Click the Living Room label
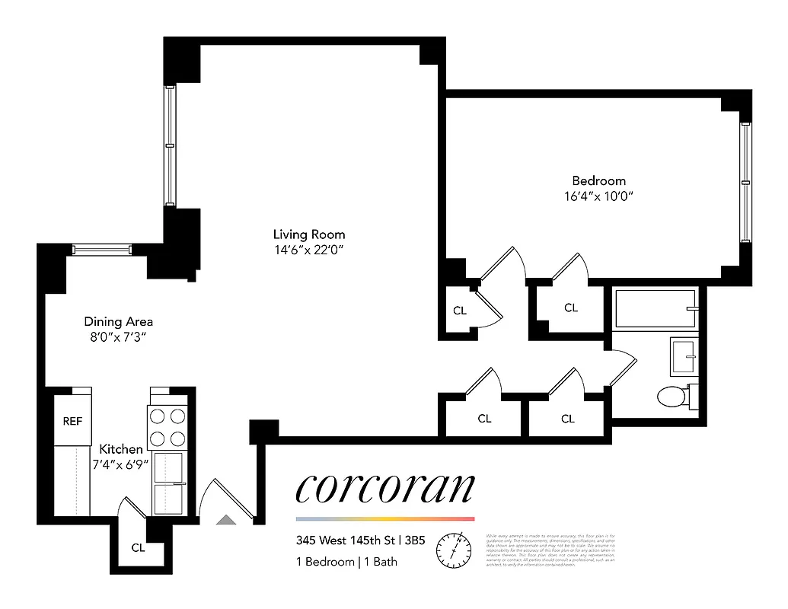(x=309, y=234)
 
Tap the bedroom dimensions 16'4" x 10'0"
(x=598, y=196)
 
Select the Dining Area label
(x=118, y=322)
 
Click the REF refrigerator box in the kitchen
(x=72, y=421)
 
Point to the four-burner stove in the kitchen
(x=167, y=428)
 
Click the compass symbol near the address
(x=455, y=550)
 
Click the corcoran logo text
(x=384, y=488)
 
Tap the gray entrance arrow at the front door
(x=226, y=519)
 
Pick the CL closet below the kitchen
(x=138, y=547)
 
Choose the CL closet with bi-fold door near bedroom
(x=460, y=311)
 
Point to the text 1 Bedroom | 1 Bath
(x=346, y=562)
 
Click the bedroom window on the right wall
(x=745, y=183)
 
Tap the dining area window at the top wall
(x=101, y=249)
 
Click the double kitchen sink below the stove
(x=168, y=483)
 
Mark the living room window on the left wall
(x=171, y=145)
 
